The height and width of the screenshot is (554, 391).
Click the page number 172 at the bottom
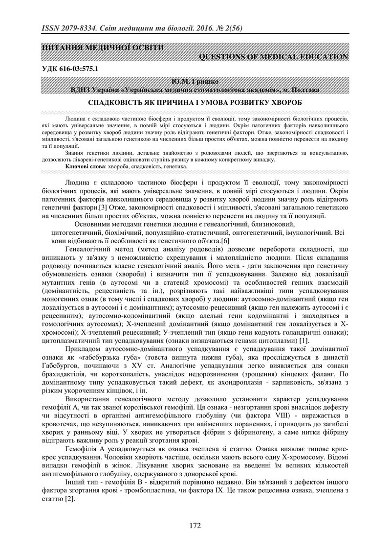coord(195,525)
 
